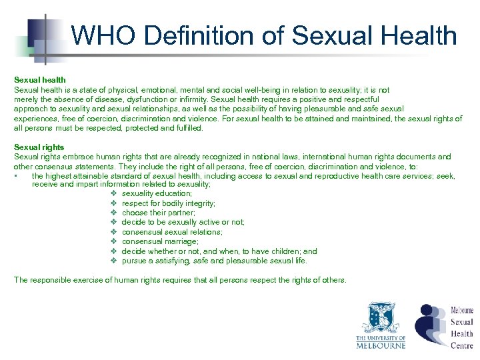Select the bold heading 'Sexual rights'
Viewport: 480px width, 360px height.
tap(39, 147)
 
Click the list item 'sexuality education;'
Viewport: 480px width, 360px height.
tap(157, 193)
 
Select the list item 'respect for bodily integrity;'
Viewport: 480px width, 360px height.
tap(168, 203)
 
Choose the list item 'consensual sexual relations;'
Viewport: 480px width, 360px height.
tap(172, 232)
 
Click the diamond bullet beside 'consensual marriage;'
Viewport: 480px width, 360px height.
tap(114, 241)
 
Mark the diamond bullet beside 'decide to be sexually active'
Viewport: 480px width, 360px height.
tap(114, 222)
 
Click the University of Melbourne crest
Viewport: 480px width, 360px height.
tap(380, 318)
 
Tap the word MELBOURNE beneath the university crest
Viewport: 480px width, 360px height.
tap(380, 345)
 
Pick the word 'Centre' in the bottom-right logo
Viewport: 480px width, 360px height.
tap(461, 345)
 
